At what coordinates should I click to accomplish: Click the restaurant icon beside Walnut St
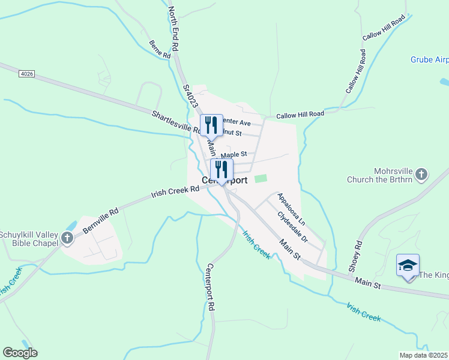tap(211, 125)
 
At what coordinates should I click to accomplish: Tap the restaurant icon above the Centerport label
tap(221, 169)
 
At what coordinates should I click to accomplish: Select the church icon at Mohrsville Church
tap(421, 174)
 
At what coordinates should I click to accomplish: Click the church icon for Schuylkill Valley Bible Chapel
tap(67, 238)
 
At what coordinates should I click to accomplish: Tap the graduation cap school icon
tap(408, 265)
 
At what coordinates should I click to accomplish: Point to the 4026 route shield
tap(26, 73)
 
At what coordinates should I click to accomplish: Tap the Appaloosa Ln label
tap(291, 209)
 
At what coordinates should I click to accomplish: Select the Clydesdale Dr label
tap(292, 227)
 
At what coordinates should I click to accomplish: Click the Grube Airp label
tap(429, 59)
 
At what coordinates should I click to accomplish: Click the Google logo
tap(20, 353)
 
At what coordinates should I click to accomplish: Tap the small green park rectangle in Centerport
tap(261, 178)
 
